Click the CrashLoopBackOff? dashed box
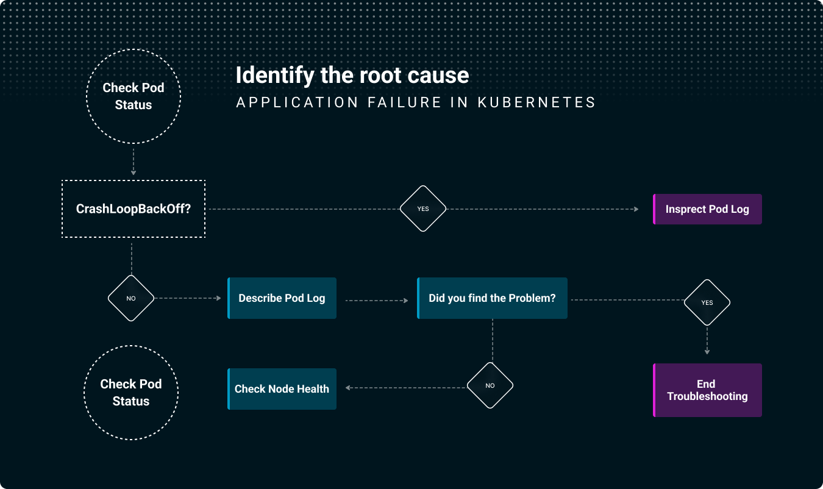(x=134, y=209)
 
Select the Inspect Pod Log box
(x=707, y=209)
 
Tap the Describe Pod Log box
(x=282, y=298)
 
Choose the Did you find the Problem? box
(x=492, y=298)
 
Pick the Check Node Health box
(x=282, y=389)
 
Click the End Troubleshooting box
(x=707, y=390)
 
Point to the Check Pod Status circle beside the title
(x=134, y=96)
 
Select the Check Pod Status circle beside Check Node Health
(x=131, y=393)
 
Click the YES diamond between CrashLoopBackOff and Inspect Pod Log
(x=423, y=209)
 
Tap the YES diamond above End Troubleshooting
(x=707, y=302)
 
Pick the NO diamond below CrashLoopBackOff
(x=131, y=299)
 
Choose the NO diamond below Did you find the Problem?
(x=490, y=386)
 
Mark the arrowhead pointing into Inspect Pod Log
(x=636, y=209)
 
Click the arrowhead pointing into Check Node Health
(x=348, y=387)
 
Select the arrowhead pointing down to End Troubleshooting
(x=707, y=352)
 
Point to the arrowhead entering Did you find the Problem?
(x=405, y=301)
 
